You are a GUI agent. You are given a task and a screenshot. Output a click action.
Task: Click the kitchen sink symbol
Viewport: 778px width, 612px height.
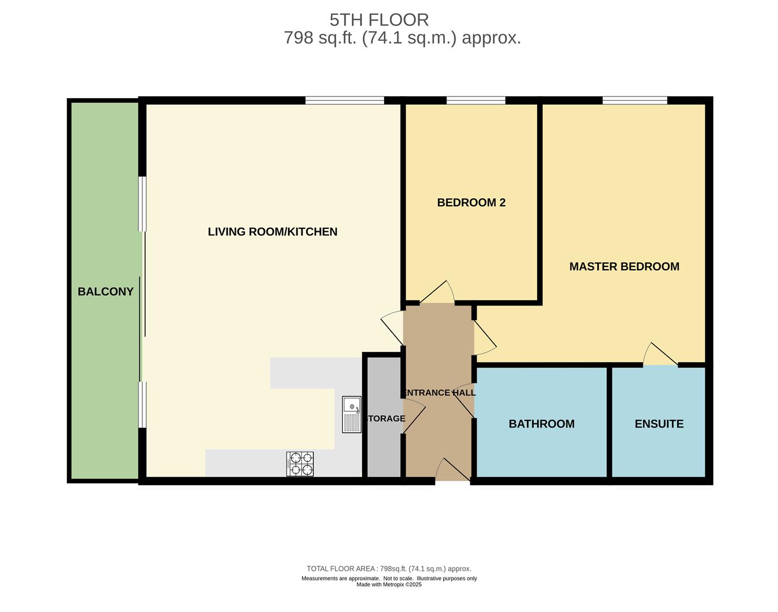pyautogui.click(x=352, y=415)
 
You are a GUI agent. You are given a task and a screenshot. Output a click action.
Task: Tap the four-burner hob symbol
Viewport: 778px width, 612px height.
pyautogui.click(x=300, y=464)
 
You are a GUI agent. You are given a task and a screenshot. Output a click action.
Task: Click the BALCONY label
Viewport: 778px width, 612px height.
pyautogui.click(x=105, y=291)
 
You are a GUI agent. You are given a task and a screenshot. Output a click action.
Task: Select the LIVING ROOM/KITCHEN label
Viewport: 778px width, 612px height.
pyautogui.click(x=273, y=232)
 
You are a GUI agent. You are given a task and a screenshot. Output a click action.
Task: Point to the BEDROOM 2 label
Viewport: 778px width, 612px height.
pyautogui.click(x=471, y=202)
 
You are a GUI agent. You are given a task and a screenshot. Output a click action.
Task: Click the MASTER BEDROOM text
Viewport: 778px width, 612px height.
pyautogui.click(x=624, y=266)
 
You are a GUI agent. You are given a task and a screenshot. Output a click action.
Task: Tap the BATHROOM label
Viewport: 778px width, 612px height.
pyautogui.click(x=542, y=424)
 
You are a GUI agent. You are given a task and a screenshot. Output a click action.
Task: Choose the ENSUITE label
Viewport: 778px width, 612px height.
pyautogui.click(x=659, y=424)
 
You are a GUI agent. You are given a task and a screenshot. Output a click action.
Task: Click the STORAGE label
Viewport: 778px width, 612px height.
pyautogui.click(x=385, y=418)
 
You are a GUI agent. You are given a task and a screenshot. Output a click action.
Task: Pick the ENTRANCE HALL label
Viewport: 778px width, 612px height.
pyautogui.click(x=439, y=393)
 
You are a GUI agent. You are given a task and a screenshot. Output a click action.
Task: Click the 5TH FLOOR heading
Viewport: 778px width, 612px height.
pyautogui.click(x=379, y=20)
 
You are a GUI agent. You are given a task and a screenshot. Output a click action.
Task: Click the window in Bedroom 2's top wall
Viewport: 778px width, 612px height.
pyautogui.click(x=476, y=100)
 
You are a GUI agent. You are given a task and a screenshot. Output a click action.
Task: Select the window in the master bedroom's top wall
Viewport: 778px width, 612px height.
pyautogui.click(x=635, y=100)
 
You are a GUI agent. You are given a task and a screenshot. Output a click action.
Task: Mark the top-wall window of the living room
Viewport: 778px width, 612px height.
pyautogui.click(x=345, y=100)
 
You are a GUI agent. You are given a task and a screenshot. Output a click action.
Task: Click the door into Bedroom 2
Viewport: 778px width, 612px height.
pyautogui.click(x=437, y=292)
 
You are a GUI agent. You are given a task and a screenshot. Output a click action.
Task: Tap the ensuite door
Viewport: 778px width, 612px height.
pyautogui.click(x=660, y=354)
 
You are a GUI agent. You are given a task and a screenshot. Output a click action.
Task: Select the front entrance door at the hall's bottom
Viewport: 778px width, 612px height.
pyautogui.click(x=453, y=470)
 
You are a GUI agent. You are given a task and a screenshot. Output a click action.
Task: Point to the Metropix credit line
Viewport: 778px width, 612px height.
pyautogui.click(x=389, y=585)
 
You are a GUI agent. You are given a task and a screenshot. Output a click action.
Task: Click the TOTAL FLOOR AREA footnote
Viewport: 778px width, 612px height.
pyautogui.click(x=389, y=568)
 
